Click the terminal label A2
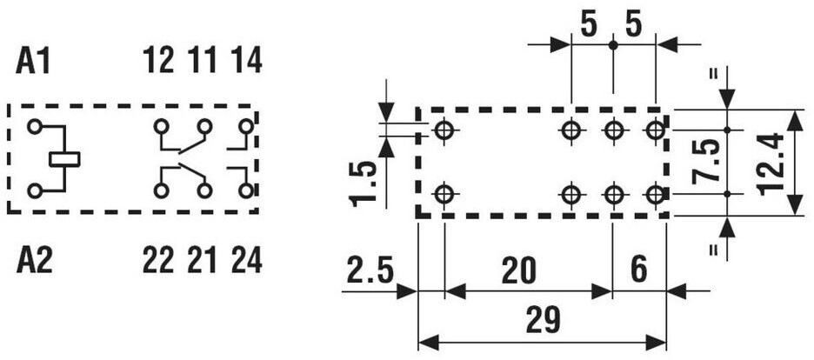click(x=35, y=260)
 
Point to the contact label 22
click(x=159, y=260)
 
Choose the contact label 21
click(x=203, y=260)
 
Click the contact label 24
click(x=246, y=260)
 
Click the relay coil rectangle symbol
click(x=64, y=158)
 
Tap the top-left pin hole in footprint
click(x=444, y=131)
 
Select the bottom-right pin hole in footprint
click(x=655, y=193)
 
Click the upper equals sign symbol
click(x=715, y=74)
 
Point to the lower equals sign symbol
click(x=715, y=250)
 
